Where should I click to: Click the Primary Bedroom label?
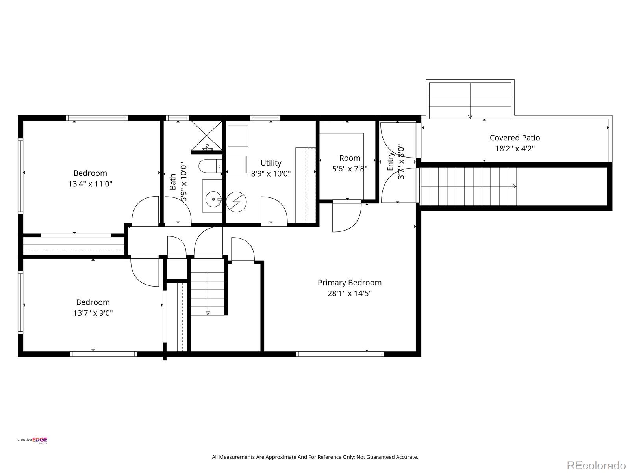pos(349,283)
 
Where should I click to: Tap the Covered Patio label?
pos(515,138)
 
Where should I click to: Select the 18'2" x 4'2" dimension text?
pos(515,149)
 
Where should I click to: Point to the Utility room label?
pos(271,163)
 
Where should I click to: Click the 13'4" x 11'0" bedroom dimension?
pos(90,184)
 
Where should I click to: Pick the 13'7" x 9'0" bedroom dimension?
pos(93,313)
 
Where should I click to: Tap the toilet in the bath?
pos(210,166)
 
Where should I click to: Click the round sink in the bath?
pos(213,199)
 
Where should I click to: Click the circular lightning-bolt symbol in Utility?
pos(236,202)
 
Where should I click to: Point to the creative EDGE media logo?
pos(32,440)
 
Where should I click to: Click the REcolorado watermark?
pos(596,465)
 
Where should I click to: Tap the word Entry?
pos(390,162)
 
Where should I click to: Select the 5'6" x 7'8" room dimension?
pos(350,169)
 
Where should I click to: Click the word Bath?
pos(173,181)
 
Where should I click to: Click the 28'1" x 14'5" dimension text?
pos(350,293)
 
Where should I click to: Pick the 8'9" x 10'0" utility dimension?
pos(271,173)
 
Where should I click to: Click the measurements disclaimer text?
pos(315,457)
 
